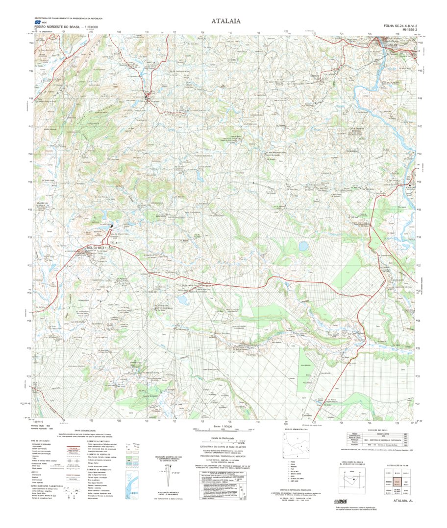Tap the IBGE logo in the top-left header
tap(37, 22)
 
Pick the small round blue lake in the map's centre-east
tap(304, 245)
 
